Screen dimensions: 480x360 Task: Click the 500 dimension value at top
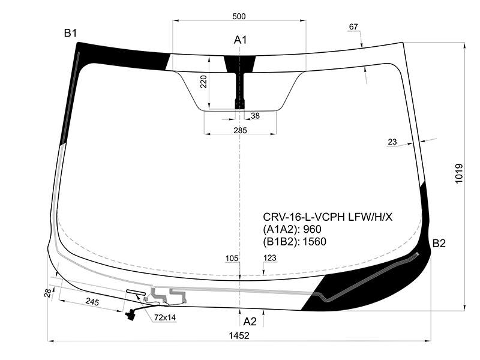pyautogui.click(x=239, y=16)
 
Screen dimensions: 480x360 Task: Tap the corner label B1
pyautogui.click(x=70, y=33)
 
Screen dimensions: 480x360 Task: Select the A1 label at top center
pyautogui.click(x=241, y=40)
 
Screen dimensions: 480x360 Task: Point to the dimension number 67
pyautogui.click(x=353, y=27)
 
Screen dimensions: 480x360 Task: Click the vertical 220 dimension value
pyautogui.click(x=203, y=82)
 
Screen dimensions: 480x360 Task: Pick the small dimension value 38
pyautogui.click(x=255, y=116)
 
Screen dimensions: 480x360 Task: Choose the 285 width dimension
pyautogui.click(x=240, y=130)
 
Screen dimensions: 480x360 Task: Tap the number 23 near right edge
pyautogui.click(x=392, y=142)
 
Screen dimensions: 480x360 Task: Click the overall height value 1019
pyautogui.click(x=459, y=173)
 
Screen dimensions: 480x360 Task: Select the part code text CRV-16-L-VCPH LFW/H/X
pyautogui.click(x=328, y=217)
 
